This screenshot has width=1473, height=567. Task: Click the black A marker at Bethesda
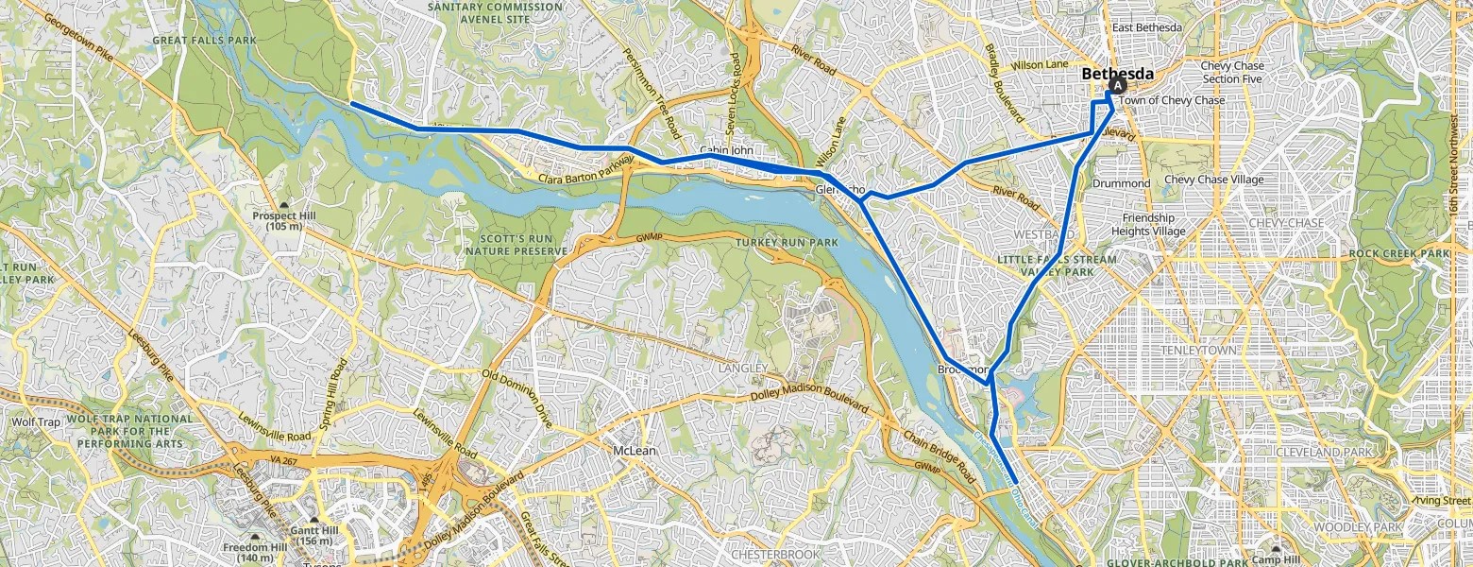point(1118,85)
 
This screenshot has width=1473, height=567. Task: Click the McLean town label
point(634,451)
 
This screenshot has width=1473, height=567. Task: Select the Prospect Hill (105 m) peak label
point(284,221)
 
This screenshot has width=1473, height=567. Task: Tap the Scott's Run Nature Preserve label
point(516,245)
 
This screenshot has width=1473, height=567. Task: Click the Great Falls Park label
point(191,41)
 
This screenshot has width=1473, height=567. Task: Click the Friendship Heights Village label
point(1147,224)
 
